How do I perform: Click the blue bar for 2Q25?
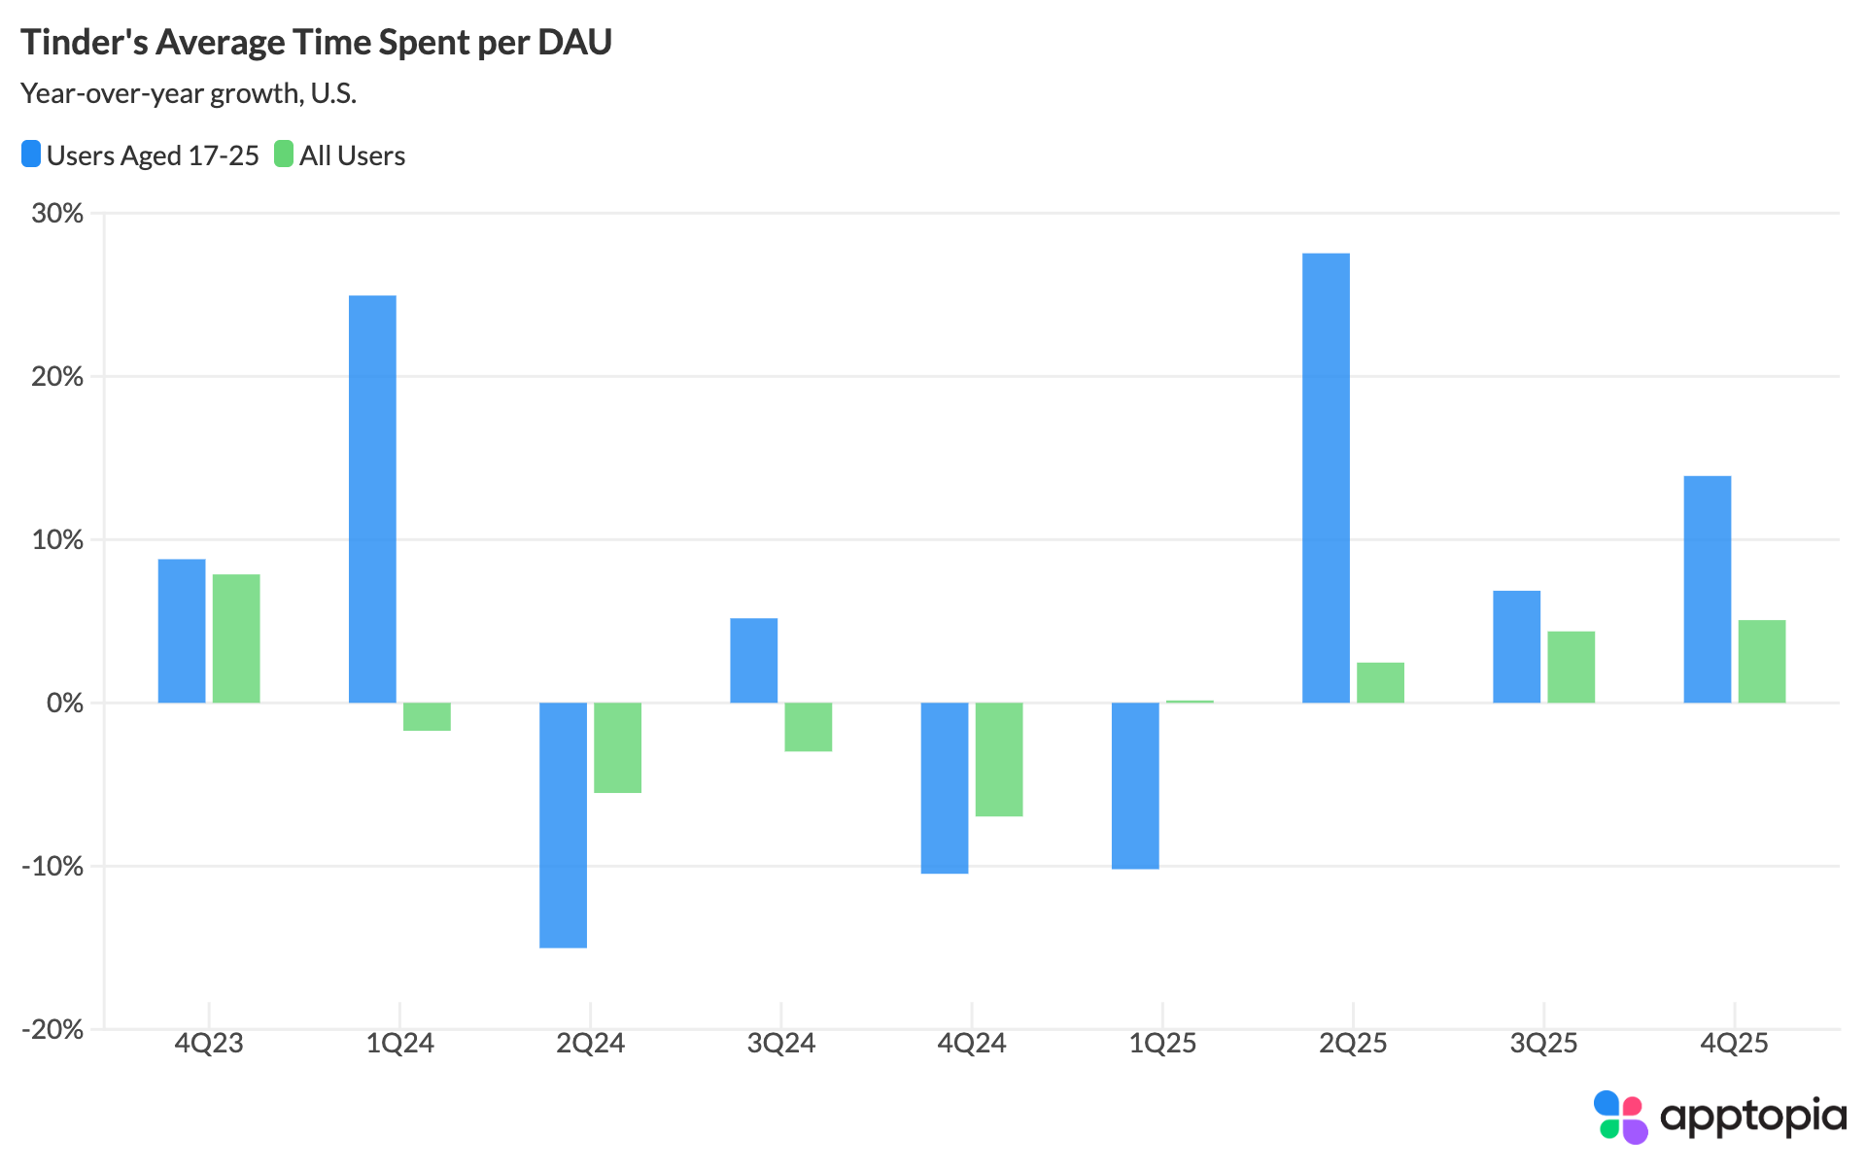pos(1326,478)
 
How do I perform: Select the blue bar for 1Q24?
pos(372,499)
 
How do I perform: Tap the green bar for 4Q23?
pos(236,638)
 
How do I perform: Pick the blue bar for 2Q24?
pos(563,824)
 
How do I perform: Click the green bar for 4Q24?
pos(999,759)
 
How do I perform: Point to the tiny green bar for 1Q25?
pos(1190,701)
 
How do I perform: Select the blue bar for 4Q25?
pos(1707,589)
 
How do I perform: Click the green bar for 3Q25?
pos(1571,667)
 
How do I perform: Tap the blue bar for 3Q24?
pos(753,660)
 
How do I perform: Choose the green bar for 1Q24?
pos(427,716)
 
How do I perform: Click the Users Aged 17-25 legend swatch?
pos(31,155)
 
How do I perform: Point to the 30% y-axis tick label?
pos(57,213)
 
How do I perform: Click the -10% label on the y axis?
pos(52,866)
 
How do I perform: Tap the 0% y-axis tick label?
pos(64,703)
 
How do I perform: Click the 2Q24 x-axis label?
pos(590,1045)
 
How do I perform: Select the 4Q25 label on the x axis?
pos(1734,1045)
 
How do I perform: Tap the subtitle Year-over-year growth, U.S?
pos(189,93)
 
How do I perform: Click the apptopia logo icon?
pos(1620,1117)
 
